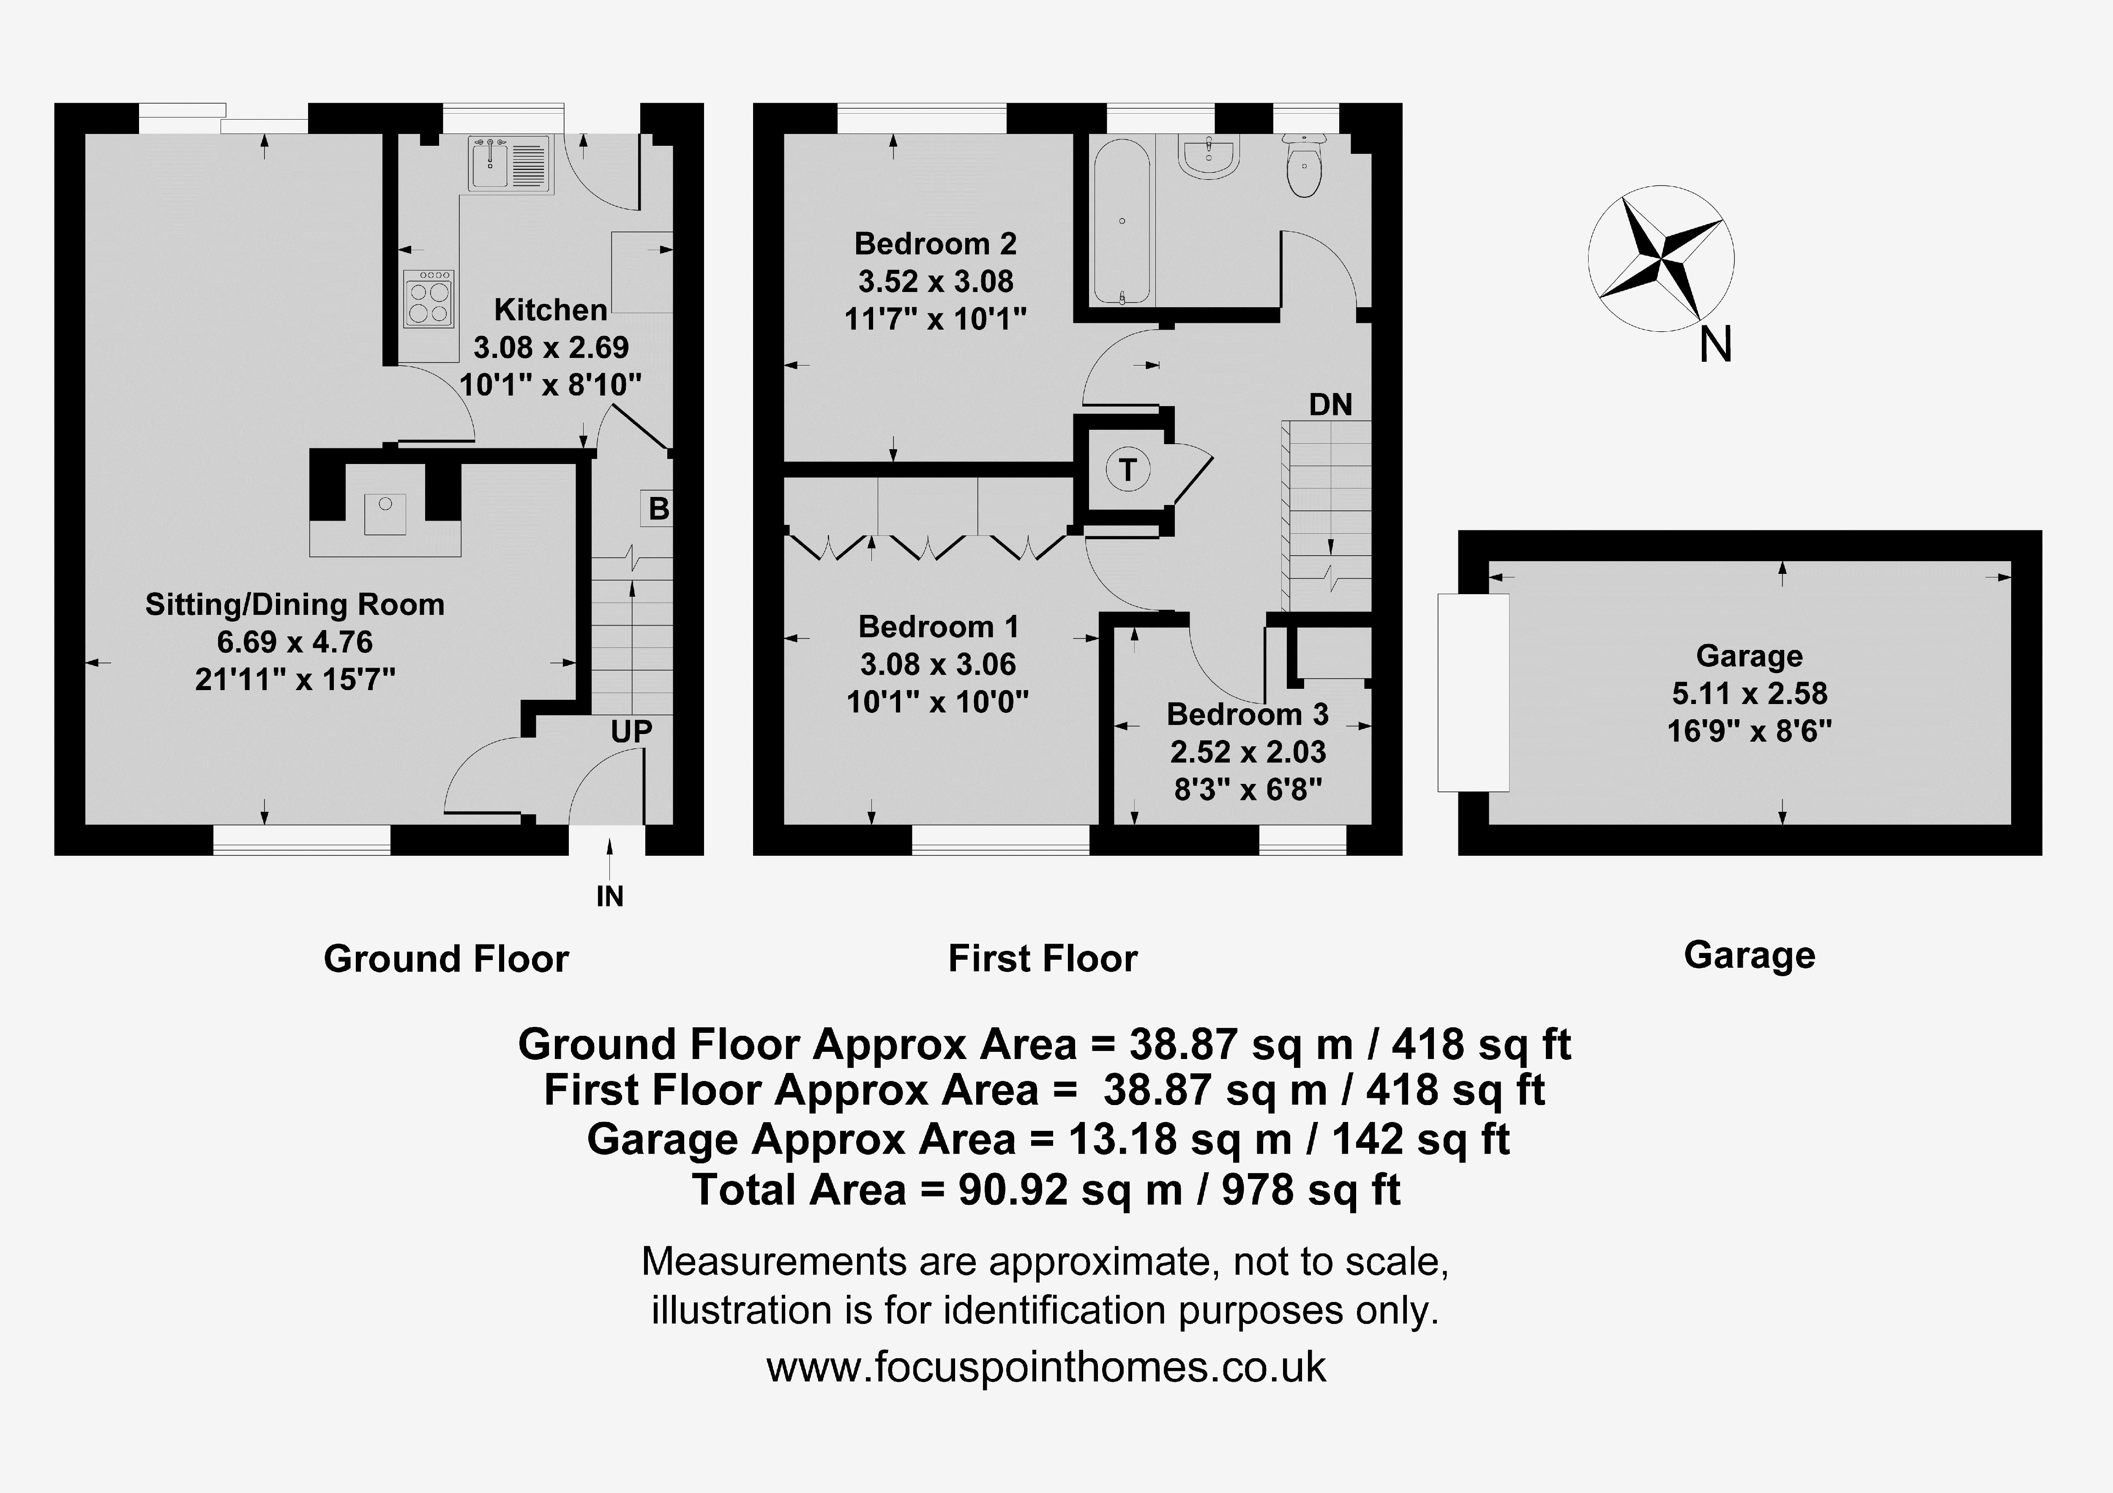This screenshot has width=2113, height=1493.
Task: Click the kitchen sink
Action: pyautogui.click(x=509, y=164)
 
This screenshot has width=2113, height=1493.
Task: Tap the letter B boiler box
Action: pyautogui.click(x=658, y=508)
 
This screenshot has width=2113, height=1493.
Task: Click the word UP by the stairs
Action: pyautogui.click(x=631, y=732)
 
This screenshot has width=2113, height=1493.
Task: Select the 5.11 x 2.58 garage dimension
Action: pyautogui.click(x=1750, y=693)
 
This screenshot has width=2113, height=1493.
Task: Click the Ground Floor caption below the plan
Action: pyautogui.click(x=446, y=959)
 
